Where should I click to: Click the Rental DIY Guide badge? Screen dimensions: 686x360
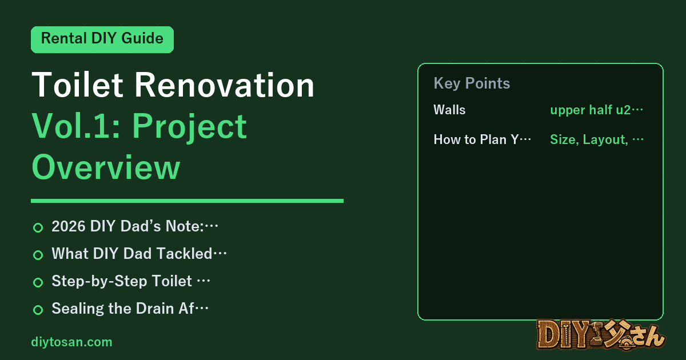[102, 39]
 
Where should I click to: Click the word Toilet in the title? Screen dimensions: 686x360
[78, 85]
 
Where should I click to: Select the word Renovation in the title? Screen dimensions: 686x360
[225, 85]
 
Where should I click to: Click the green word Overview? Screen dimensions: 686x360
[106, 167]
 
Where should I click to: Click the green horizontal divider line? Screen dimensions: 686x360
[187, 201]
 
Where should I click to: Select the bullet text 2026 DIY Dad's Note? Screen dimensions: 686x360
[127, 226]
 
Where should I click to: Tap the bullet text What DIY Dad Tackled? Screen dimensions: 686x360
[132, 254]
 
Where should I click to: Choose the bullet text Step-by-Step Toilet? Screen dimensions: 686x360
[122, 281]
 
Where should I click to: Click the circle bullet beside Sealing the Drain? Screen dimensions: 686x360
[38, 310]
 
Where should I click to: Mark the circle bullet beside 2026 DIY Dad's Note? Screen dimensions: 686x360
[38, 227]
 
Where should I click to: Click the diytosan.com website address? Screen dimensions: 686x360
[71, 342]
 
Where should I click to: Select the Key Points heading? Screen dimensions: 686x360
[472, 83]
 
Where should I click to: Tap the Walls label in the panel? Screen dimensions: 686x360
[449, 110]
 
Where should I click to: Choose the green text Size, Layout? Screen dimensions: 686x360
[589, 139]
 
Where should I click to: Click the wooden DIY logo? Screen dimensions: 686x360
[601, 335]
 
